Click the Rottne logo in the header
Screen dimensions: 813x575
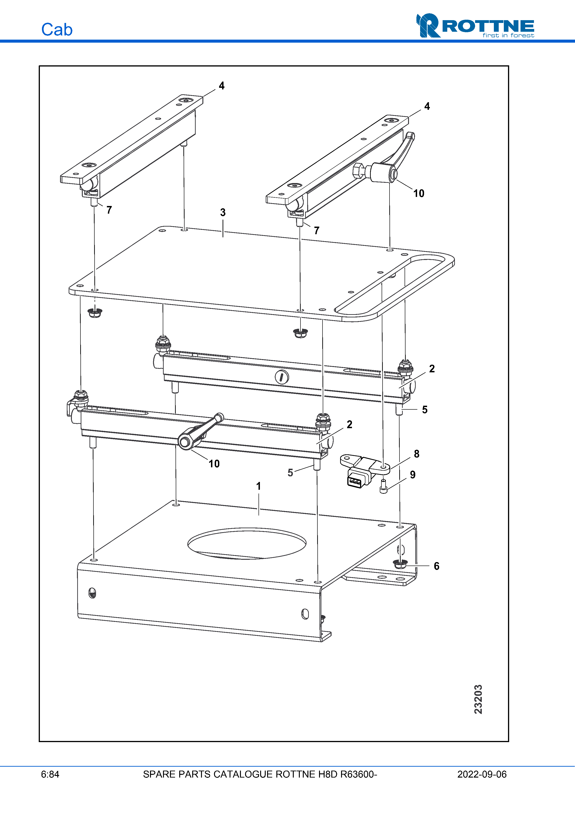(475, 25)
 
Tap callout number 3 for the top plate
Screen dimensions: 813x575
(223, 212)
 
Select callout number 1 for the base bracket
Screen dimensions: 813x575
(259, 486)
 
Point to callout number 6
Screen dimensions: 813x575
(437, 566)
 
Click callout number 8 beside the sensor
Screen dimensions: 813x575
(417, 454)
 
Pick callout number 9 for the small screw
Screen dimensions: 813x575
(413, 475)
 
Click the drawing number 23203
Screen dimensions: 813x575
(478, 699)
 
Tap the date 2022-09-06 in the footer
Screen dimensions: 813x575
(482, 774)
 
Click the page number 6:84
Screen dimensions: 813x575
(50, 774)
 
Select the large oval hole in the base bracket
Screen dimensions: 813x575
(247, 544)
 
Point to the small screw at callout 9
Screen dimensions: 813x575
(383, 487)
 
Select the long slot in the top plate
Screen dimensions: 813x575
(390, 285)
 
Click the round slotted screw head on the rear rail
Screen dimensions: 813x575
(282, 377)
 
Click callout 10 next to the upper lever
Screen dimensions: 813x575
(419, 193)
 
